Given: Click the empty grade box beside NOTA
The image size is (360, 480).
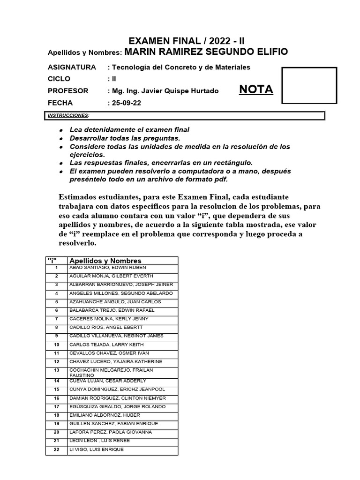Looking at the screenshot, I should (x=309, y=85).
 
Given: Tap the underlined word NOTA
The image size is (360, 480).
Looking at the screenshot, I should (x=256, y=90).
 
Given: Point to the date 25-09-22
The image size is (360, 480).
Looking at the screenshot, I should (x=124, y=103).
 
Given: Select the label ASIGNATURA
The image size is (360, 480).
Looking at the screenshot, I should (x=72, y=67).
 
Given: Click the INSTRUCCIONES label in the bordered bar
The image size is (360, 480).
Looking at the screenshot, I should (x=68, y=115).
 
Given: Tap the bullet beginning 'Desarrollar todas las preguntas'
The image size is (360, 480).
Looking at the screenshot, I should (x=125, y=138).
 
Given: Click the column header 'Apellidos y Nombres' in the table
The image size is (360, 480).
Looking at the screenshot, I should (x=105, y=261).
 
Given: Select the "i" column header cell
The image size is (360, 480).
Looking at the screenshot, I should (x=56, y=261).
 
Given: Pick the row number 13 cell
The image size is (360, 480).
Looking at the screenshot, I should (x=56, y=370).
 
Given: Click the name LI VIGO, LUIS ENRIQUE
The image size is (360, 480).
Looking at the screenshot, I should (x=97, y=450).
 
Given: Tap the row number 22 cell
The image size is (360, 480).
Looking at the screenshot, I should (x=56, y=450).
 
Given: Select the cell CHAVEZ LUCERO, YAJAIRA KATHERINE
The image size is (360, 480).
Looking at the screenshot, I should (x=116, y=361).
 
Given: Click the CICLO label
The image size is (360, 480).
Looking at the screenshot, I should (x=59, y=79).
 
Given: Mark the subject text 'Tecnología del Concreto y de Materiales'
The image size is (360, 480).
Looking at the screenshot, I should (x=180, y=67).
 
